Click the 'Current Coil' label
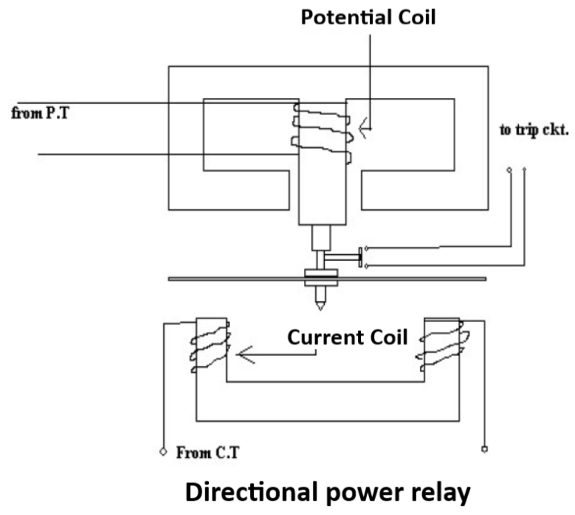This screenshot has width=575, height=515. point(348,338)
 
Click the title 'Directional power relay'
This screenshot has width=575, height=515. point(328,493)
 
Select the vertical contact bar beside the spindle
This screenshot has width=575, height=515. point(360,256)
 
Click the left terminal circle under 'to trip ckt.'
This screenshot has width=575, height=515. point(510,171)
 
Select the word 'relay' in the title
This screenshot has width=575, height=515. point(442,493)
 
